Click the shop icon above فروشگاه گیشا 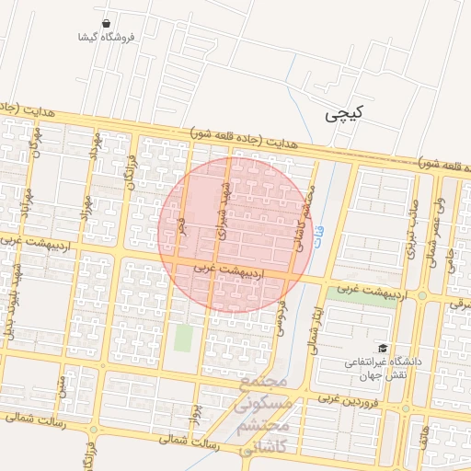(x=107, y=23)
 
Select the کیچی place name (x=344, y=114)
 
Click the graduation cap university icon (x=382, y=348)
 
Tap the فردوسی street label (x=282, y=315)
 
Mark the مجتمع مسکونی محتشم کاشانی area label (x=264, y=415)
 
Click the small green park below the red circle (x=184, y=338)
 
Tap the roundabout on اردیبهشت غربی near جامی (x=422, y=295)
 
